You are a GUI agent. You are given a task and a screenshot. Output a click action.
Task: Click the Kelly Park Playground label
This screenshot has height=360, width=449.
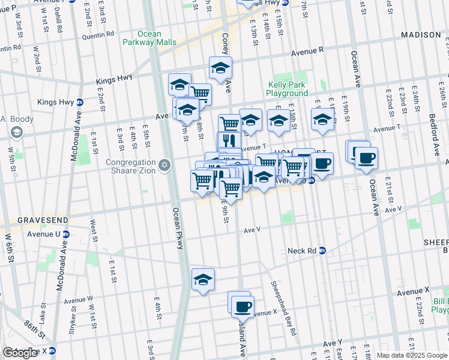pyautogui.click(x=287, y=89)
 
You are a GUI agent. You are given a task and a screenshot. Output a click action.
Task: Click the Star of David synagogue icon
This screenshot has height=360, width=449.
pyautogui.click(x=164, y=164)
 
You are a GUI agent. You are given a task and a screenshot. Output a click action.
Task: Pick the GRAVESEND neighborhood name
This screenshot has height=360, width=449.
pyautogui.click(x=24, y=220)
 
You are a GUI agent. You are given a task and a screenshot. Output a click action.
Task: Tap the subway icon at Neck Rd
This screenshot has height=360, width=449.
pyautogui.click(x=322, y=250)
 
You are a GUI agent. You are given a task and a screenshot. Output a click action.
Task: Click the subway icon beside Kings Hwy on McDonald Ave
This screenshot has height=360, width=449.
pyautogui.click(x=79, y=102)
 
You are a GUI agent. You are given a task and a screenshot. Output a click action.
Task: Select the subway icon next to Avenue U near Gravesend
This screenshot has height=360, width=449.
pyautogui.click(x=66, y=234)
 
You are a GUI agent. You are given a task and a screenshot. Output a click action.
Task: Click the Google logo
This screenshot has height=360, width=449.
pyautogui.click(x=20, y=353)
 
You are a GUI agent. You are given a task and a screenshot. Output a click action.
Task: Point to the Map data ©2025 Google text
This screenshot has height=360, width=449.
pyautogui.click(x=411, y=355)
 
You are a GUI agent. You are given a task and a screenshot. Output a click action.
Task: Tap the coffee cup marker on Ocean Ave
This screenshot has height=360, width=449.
pyautogui.click(x=366, y=159)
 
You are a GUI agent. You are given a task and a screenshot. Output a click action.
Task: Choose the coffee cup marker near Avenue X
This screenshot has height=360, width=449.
pyautogui.click(x=243, y=307)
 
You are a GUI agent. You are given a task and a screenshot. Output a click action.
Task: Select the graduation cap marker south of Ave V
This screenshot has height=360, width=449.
pyautogui.click(x=203, y=280)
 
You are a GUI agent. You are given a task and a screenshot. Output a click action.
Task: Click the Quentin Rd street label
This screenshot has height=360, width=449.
pyautogui.click(x=97, y=35)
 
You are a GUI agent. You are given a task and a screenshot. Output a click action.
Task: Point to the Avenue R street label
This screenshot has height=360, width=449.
pyautogui.click(x=307, y=52)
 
